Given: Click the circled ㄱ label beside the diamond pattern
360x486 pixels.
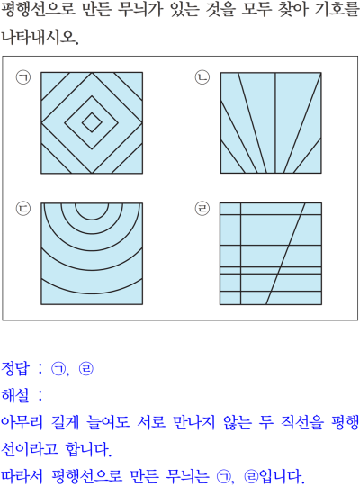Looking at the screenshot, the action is [23, 77].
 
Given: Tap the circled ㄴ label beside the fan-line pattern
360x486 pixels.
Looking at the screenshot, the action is [202, 77].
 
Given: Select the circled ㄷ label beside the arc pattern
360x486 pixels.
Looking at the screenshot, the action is [23, 208].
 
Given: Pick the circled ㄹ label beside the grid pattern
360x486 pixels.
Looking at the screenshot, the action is [202, 208].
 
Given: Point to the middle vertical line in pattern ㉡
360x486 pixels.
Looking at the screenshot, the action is [275, 122].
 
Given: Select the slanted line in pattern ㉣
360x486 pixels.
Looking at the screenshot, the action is [285, 254].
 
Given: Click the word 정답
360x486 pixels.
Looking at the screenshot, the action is [15, 368].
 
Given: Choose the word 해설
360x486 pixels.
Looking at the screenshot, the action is [15, 395].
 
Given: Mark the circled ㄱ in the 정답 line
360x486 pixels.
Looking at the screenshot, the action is [58, 369].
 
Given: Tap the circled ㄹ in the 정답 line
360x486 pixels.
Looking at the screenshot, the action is [85, 369].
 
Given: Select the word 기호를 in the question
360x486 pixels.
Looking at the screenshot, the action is [337, 10].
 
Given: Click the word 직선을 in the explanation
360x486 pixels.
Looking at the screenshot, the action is [302, 422].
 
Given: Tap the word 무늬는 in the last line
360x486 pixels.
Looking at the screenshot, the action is [187, 476].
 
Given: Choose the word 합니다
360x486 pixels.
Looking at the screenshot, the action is [88, 449].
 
